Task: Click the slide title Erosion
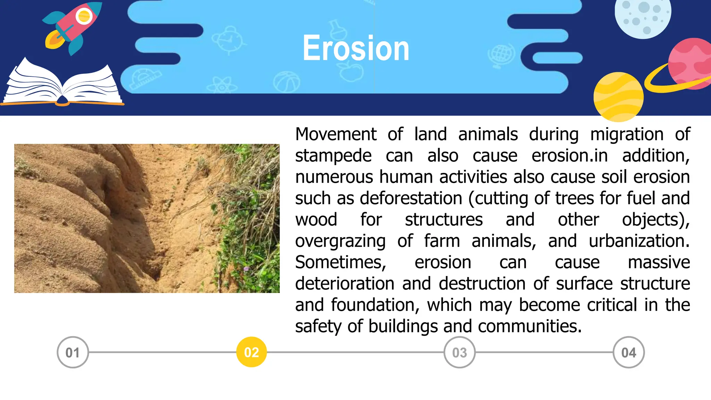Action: pyautogui.click(x=356, y=49)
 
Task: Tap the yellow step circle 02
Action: pyautogui.click(x=251, y=352)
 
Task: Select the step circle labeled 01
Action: pyautogui.click(x=73, y=352)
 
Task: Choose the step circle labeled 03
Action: pyautogui.click(x=459, y=352)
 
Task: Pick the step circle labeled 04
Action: pyautogui.click(x=629, y=352)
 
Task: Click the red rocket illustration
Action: pyautogui.click(x=75, y=26)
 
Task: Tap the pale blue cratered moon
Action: pyautogui.click(x=643, y=16)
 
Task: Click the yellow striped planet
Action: pyautogui.click(x=618, y=97)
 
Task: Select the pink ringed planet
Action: pyautogui.click(x=689, y=64)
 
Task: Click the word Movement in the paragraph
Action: pyautogui.click(x=336, y=134)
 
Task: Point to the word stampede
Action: pyautogui.click(x=333, y=156)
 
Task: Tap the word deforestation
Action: pyautogui.click(x=411, y=199)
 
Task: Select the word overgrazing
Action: pyautogui.click(x=340, y=241)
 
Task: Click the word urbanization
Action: pyautogui.click(x=639, y=241)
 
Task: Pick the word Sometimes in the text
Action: pyautogui.click(x=340, y=262)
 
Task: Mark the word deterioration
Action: pyautogui.click(x=344, y=284)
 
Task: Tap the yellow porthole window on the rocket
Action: pyautogui.click(x=84, y=16)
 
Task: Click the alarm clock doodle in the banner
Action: pyautogui.click(x=227, y=40)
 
